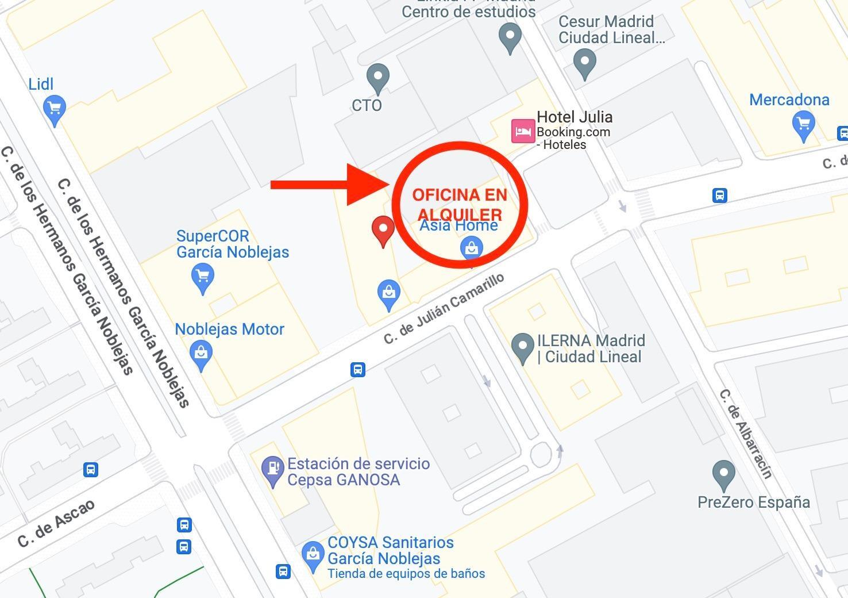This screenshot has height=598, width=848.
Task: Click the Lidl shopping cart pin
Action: pos(55,108)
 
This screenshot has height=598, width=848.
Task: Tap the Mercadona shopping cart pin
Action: pos(803,124)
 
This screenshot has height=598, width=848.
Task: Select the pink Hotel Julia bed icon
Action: pos(523,131)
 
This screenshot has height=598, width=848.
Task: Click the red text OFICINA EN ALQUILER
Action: pos(460,204)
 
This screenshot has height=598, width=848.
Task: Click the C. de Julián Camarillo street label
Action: pos(444,309)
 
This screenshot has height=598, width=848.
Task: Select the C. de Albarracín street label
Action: pos(746,434)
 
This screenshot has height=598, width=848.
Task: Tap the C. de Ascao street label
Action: pos(56,524)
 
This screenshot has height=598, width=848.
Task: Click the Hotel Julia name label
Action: pos(575,117)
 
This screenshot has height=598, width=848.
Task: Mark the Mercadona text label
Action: pos(789,100)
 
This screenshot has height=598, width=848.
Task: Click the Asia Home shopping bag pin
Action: pos(472,249)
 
